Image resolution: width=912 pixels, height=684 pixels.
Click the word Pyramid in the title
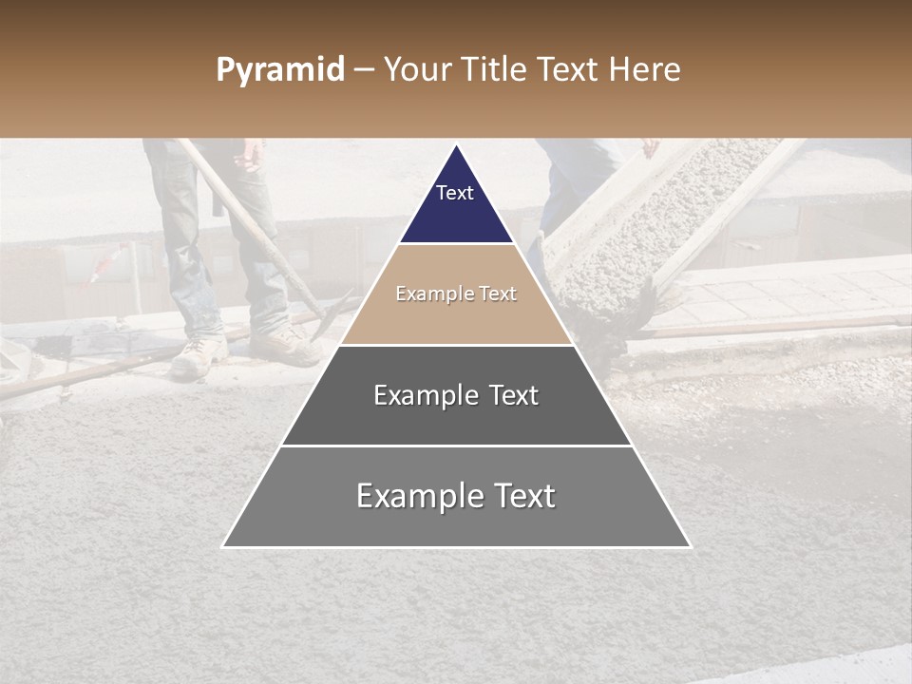click(x=279, y=70)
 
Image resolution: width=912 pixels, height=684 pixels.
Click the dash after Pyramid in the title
click(x=363, y=71)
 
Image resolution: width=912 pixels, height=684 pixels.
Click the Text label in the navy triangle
click(x=455, y=193)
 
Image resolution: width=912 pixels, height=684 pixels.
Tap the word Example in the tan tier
click(x=429, y=294)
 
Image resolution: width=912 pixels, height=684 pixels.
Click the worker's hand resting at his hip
click(x=252, y=153)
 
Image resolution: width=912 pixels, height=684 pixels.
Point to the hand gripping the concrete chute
click(x=649, y=147)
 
